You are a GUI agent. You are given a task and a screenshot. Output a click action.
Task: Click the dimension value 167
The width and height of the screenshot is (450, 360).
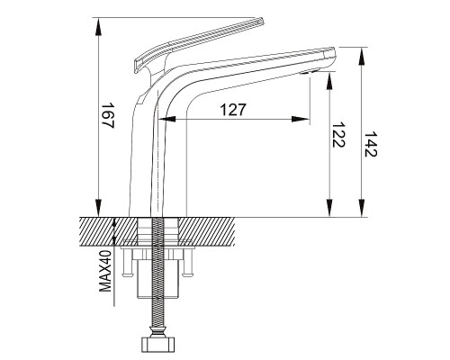click(x=108, y=116)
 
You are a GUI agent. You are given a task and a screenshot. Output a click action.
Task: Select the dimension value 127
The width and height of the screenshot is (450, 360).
click(x=233, y=110)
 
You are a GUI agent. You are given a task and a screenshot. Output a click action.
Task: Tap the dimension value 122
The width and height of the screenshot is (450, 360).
click(x=339, y=134)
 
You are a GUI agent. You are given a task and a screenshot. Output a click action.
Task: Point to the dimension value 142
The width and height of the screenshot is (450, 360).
click(x=370, y=144)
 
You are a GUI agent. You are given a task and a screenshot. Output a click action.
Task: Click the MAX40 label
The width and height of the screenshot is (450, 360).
click(x=105, y=271)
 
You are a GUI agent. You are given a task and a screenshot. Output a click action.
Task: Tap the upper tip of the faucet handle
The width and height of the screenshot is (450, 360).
click(x=261, y=21)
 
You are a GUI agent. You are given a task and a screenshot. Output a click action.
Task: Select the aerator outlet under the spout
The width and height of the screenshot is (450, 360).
click(x=310, y=72)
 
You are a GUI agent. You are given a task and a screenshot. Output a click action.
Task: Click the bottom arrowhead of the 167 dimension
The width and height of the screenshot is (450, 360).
click(x=98, y=207)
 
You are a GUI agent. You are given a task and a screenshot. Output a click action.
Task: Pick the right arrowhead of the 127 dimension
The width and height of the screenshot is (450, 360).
click(x=301, y=120)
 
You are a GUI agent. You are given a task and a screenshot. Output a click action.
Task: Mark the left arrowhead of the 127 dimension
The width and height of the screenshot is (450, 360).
click(x=166, y=120)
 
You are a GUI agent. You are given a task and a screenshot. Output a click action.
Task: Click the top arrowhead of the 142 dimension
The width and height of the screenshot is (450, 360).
click(x=362, y=57)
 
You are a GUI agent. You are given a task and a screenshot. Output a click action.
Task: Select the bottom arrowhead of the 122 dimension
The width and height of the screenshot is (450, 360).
click(x=329, y=207)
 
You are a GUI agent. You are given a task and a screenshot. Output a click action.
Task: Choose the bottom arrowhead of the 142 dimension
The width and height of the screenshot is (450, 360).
click(x=362, y=207)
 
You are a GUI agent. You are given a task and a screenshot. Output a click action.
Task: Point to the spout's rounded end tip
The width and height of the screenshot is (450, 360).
click(x=333, y=57)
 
